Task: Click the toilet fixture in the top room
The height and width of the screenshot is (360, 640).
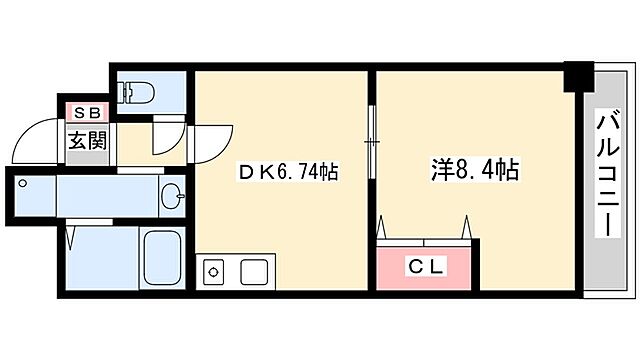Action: click(137, 91)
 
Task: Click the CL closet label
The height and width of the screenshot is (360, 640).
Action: click(426, 266)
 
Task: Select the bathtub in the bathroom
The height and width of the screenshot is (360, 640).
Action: click(161, 258)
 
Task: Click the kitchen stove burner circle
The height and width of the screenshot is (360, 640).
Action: click(213, 271)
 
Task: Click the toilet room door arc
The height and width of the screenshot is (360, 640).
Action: click(165, 131)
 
